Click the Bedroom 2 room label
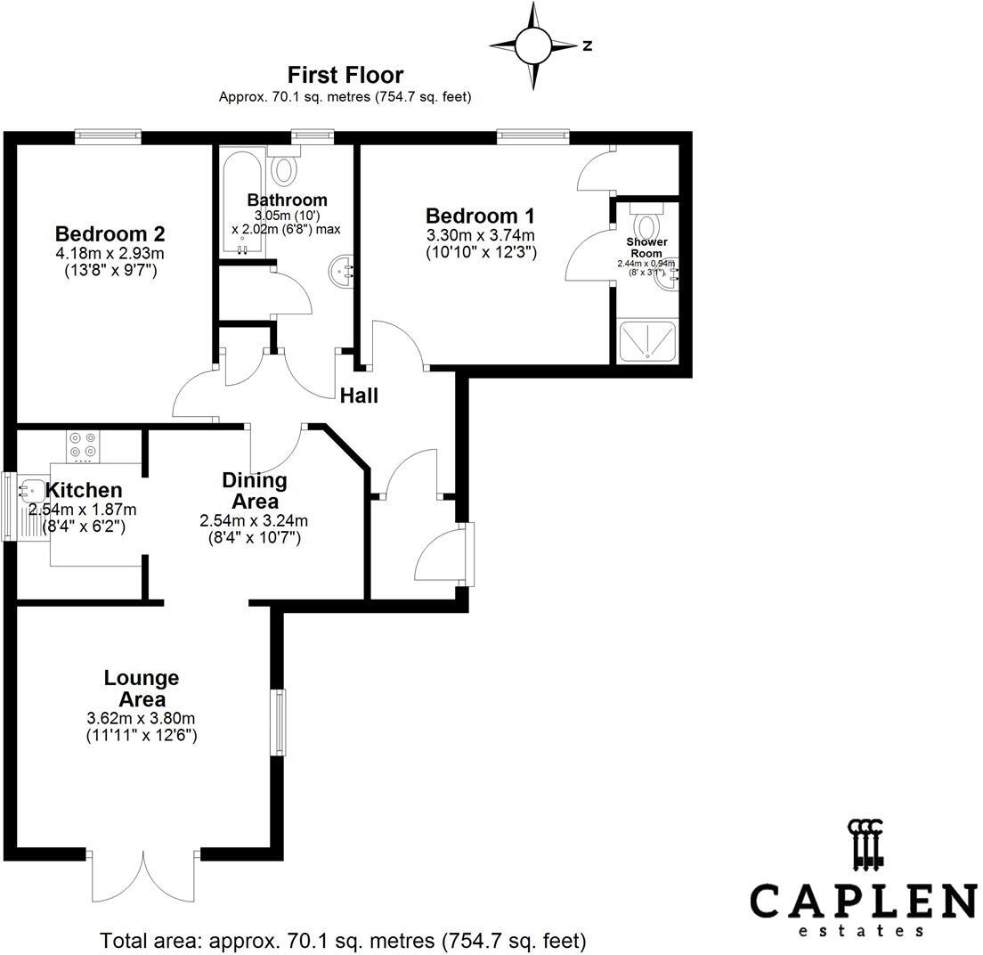pos(110,234)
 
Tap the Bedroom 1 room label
pos(480,216)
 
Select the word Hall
pos(359,395)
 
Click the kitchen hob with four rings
pos(84,446)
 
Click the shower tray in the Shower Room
pos(648,341)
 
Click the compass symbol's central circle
pos(534,44)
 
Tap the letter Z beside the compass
pos(588,45)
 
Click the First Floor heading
pos(345,75)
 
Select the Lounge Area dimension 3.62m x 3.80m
pos(141,719)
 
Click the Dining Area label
pos(255,491)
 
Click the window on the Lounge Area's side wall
pos(280,722)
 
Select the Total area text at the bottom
pos(343,940)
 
